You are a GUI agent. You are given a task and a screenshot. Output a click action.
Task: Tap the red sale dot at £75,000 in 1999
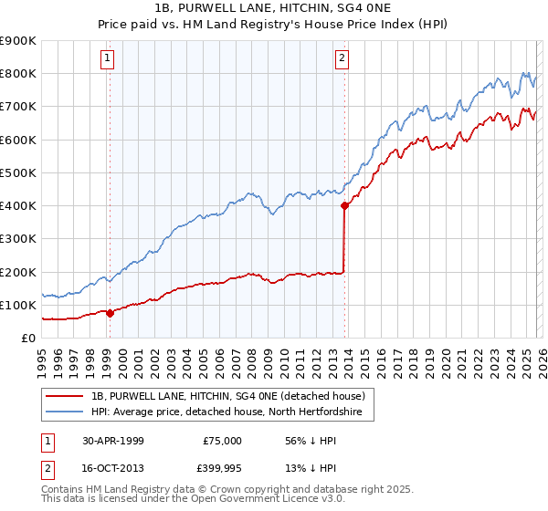(x=111, y=313)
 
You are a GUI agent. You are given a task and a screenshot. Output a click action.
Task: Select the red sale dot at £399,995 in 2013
(x=344, y=206)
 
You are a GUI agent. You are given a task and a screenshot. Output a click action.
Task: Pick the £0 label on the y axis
(x=26, y=338)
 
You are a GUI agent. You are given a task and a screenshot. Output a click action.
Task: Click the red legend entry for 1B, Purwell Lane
(x=227, y=396)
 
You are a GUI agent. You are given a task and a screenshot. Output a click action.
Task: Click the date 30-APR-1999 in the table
(x=113, y=440)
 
